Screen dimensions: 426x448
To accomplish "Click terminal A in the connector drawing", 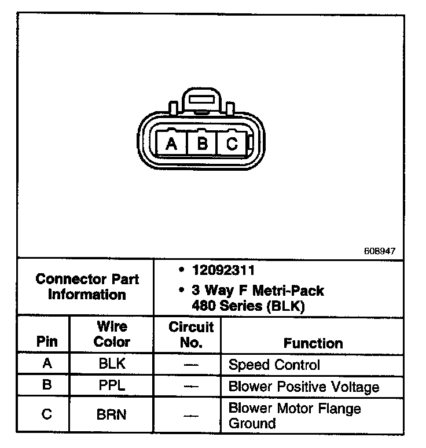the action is point(171,143).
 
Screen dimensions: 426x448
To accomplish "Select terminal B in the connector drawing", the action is point(202,143).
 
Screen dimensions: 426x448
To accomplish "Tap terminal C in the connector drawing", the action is point(232,143).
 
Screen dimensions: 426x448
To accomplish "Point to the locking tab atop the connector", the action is point(201,100).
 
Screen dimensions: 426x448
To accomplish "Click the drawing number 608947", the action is point(380,251).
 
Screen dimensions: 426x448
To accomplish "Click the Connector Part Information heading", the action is point(87,287).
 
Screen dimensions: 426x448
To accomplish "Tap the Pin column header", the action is point(47,341).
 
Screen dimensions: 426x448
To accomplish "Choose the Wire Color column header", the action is point(112,334).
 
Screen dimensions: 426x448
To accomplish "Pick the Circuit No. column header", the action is point(191,335).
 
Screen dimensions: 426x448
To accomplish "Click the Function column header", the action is point(313,343).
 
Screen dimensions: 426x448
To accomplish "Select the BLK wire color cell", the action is point(112,365).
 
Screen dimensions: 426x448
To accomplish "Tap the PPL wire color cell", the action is point(112,385).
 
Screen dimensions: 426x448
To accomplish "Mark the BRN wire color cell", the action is point(112,414).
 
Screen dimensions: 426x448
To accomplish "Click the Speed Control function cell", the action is point(274,365).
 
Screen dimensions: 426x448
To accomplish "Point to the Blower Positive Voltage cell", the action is point(304,386).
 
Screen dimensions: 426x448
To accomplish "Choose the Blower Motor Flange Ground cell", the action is point(295,416).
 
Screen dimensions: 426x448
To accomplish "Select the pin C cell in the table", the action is point(46,414).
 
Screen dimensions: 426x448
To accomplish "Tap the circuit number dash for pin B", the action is point(191,386).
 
